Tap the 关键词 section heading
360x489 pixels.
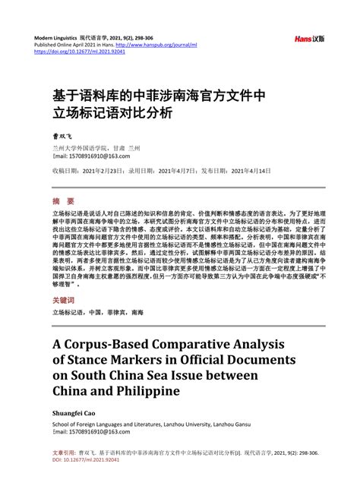(66, 301)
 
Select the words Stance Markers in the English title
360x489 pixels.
(125, 359)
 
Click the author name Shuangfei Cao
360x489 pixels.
(74, 415)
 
